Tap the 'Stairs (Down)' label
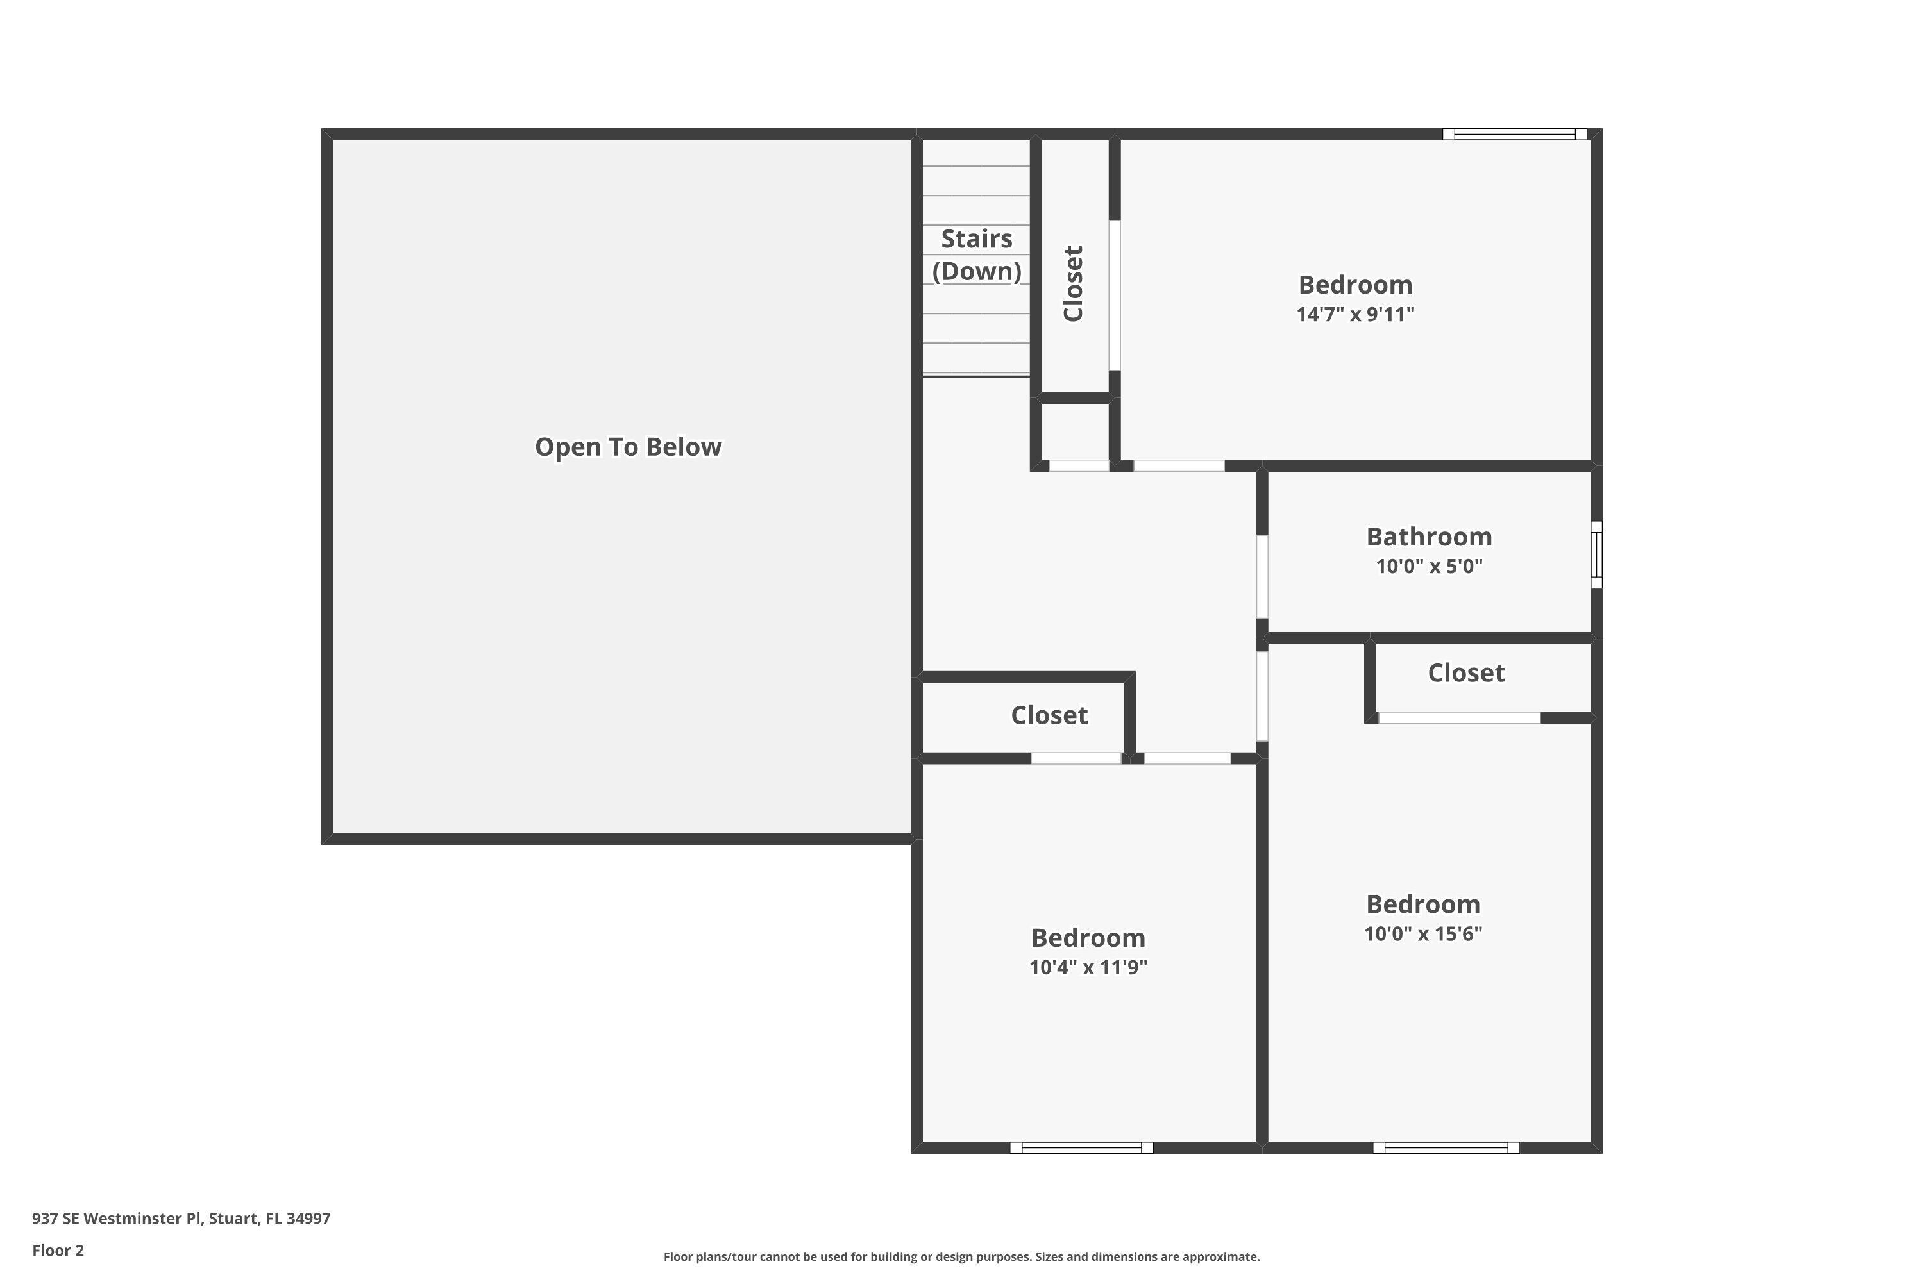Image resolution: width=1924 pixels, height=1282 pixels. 976,254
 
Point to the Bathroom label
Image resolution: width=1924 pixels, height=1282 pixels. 1428,537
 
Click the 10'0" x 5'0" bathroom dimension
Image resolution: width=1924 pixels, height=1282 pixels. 1428,566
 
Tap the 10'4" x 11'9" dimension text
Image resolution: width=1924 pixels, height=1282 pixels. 1087,967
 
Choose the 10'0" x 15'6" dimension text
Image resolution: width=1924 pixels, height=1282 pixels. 1422,934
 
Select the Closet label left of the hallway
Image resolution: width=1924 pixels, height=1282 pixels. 1049,715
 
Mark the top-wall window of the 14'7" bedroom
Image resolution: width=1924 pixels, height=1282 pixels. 1514,134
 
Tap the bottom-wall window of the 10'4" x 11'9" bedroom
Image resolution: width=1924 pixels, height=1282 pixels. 1081,1148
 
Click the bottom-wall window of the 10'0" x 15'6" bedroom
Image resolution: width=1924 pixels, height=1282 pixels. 1446,1148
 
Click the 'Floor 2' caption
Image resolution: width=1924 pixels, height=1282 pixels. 58,1250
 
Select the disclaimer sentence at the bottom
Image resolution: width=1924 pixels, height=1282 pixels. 961,1256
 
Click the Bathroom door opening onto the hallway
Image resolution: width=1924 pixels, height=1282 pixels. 1262,576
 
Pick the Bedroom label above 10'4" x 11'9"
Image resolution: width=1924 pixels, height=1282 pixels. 1087,938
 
